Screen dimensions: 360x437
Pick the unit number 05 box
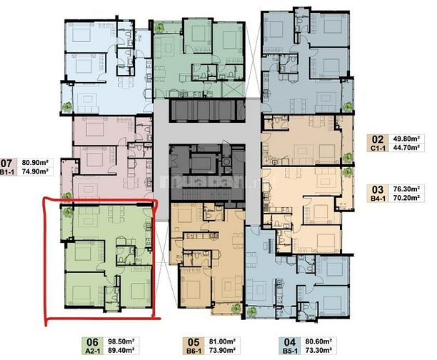tap(192, 341)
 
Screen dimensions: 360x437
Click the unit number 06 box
tap(91, 341)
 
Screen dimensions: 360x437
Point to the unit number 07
tap(9, 162)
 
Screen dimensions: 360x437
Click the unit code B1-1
tap(9, 172)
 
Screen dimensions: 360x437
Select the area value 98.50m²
tap(120, 341)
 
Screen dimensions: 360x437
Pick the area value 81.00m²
tap(221, 341)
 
